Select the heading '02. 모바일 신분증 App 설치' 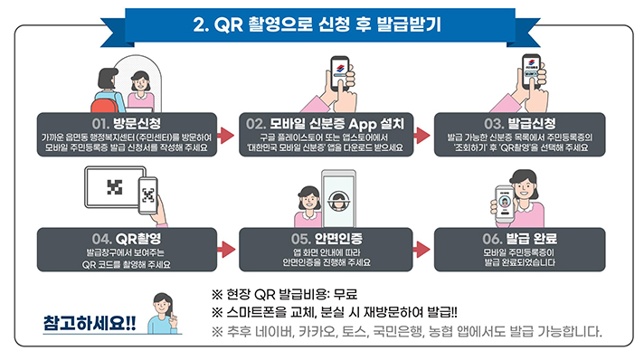click(327, 122)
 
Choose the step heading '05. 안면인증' click(327, 238)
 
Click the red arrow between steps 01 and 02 click(222, 135)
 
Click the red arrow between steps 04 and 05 click(222, 251)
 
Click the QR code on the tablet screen click(112, 188)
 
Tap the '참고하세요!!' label click(89, 323)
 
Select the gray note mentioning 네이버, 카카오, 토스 click(406, 331)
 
